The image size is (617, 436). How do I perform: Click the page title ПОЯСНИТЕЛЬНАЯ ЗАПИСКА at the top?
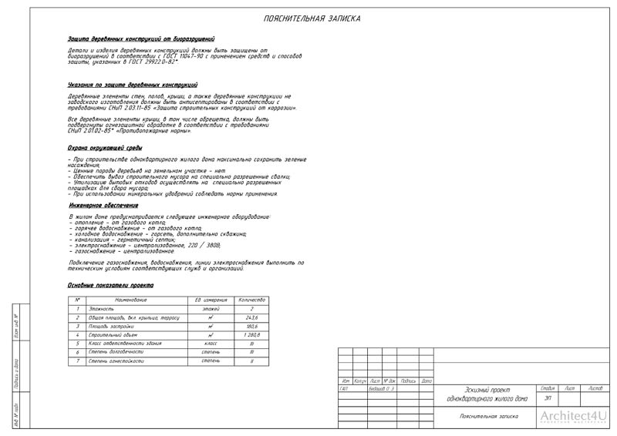coord(311,18)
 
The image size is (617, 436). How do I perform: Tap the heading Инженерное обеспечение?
coord(103,206)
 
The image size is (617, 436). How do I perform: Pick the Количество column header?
coord(251,299)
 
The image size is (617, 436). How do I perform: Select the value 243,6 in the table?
coord(251,317)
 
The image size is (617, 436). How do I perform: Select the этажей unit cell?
coord(211,308)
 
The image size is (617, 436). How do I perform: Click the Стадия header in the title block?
coord(548,388)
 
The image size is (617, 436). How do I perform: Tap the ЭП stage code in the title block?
coord(548,398)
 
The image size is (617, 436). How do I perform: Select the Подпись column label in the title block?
coord(409,381)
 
